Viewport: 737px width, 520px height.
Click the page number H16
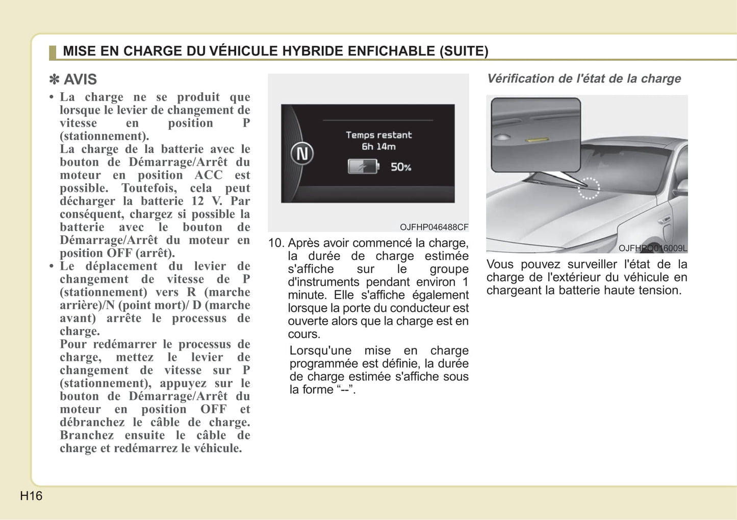(x=31, y=496)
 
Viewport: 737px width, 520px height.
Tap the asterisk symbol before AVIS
(x=54, y=80)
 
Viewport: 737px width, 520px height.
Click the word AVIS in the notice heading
(x=80, y=80)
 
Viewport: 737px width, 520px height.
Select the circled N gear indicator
(x=302, y=154)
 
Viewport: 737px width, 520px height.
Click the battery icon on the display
(x=363, y=166)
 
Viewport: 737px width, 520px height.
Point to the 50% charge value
(x=401, y=167)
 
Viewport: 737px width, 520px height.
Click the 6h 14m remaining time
(x=378, y=147)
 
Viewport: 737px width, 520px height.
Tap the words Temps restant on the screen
(x=378, y=135)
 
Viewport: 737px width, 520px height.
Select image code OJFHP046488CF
(x=434, y=227)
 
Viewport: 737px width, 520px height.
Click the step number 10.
(x=276, y=243)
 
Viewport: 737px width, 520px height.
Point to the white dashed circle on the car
(x=589, y=188)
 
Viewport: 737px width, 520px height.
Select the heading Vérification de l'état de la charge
(x=584, y=79)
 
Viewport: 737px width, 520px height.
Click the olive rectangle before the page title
(x=53, y=52)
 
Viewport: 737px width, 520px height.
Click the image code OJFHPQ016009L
(x=652, y=249)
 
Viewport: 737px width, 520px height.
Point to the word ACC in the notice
(x=209, y=175)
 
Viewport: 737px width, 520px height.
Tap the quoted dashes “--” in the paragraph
(x=344, y=390)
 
